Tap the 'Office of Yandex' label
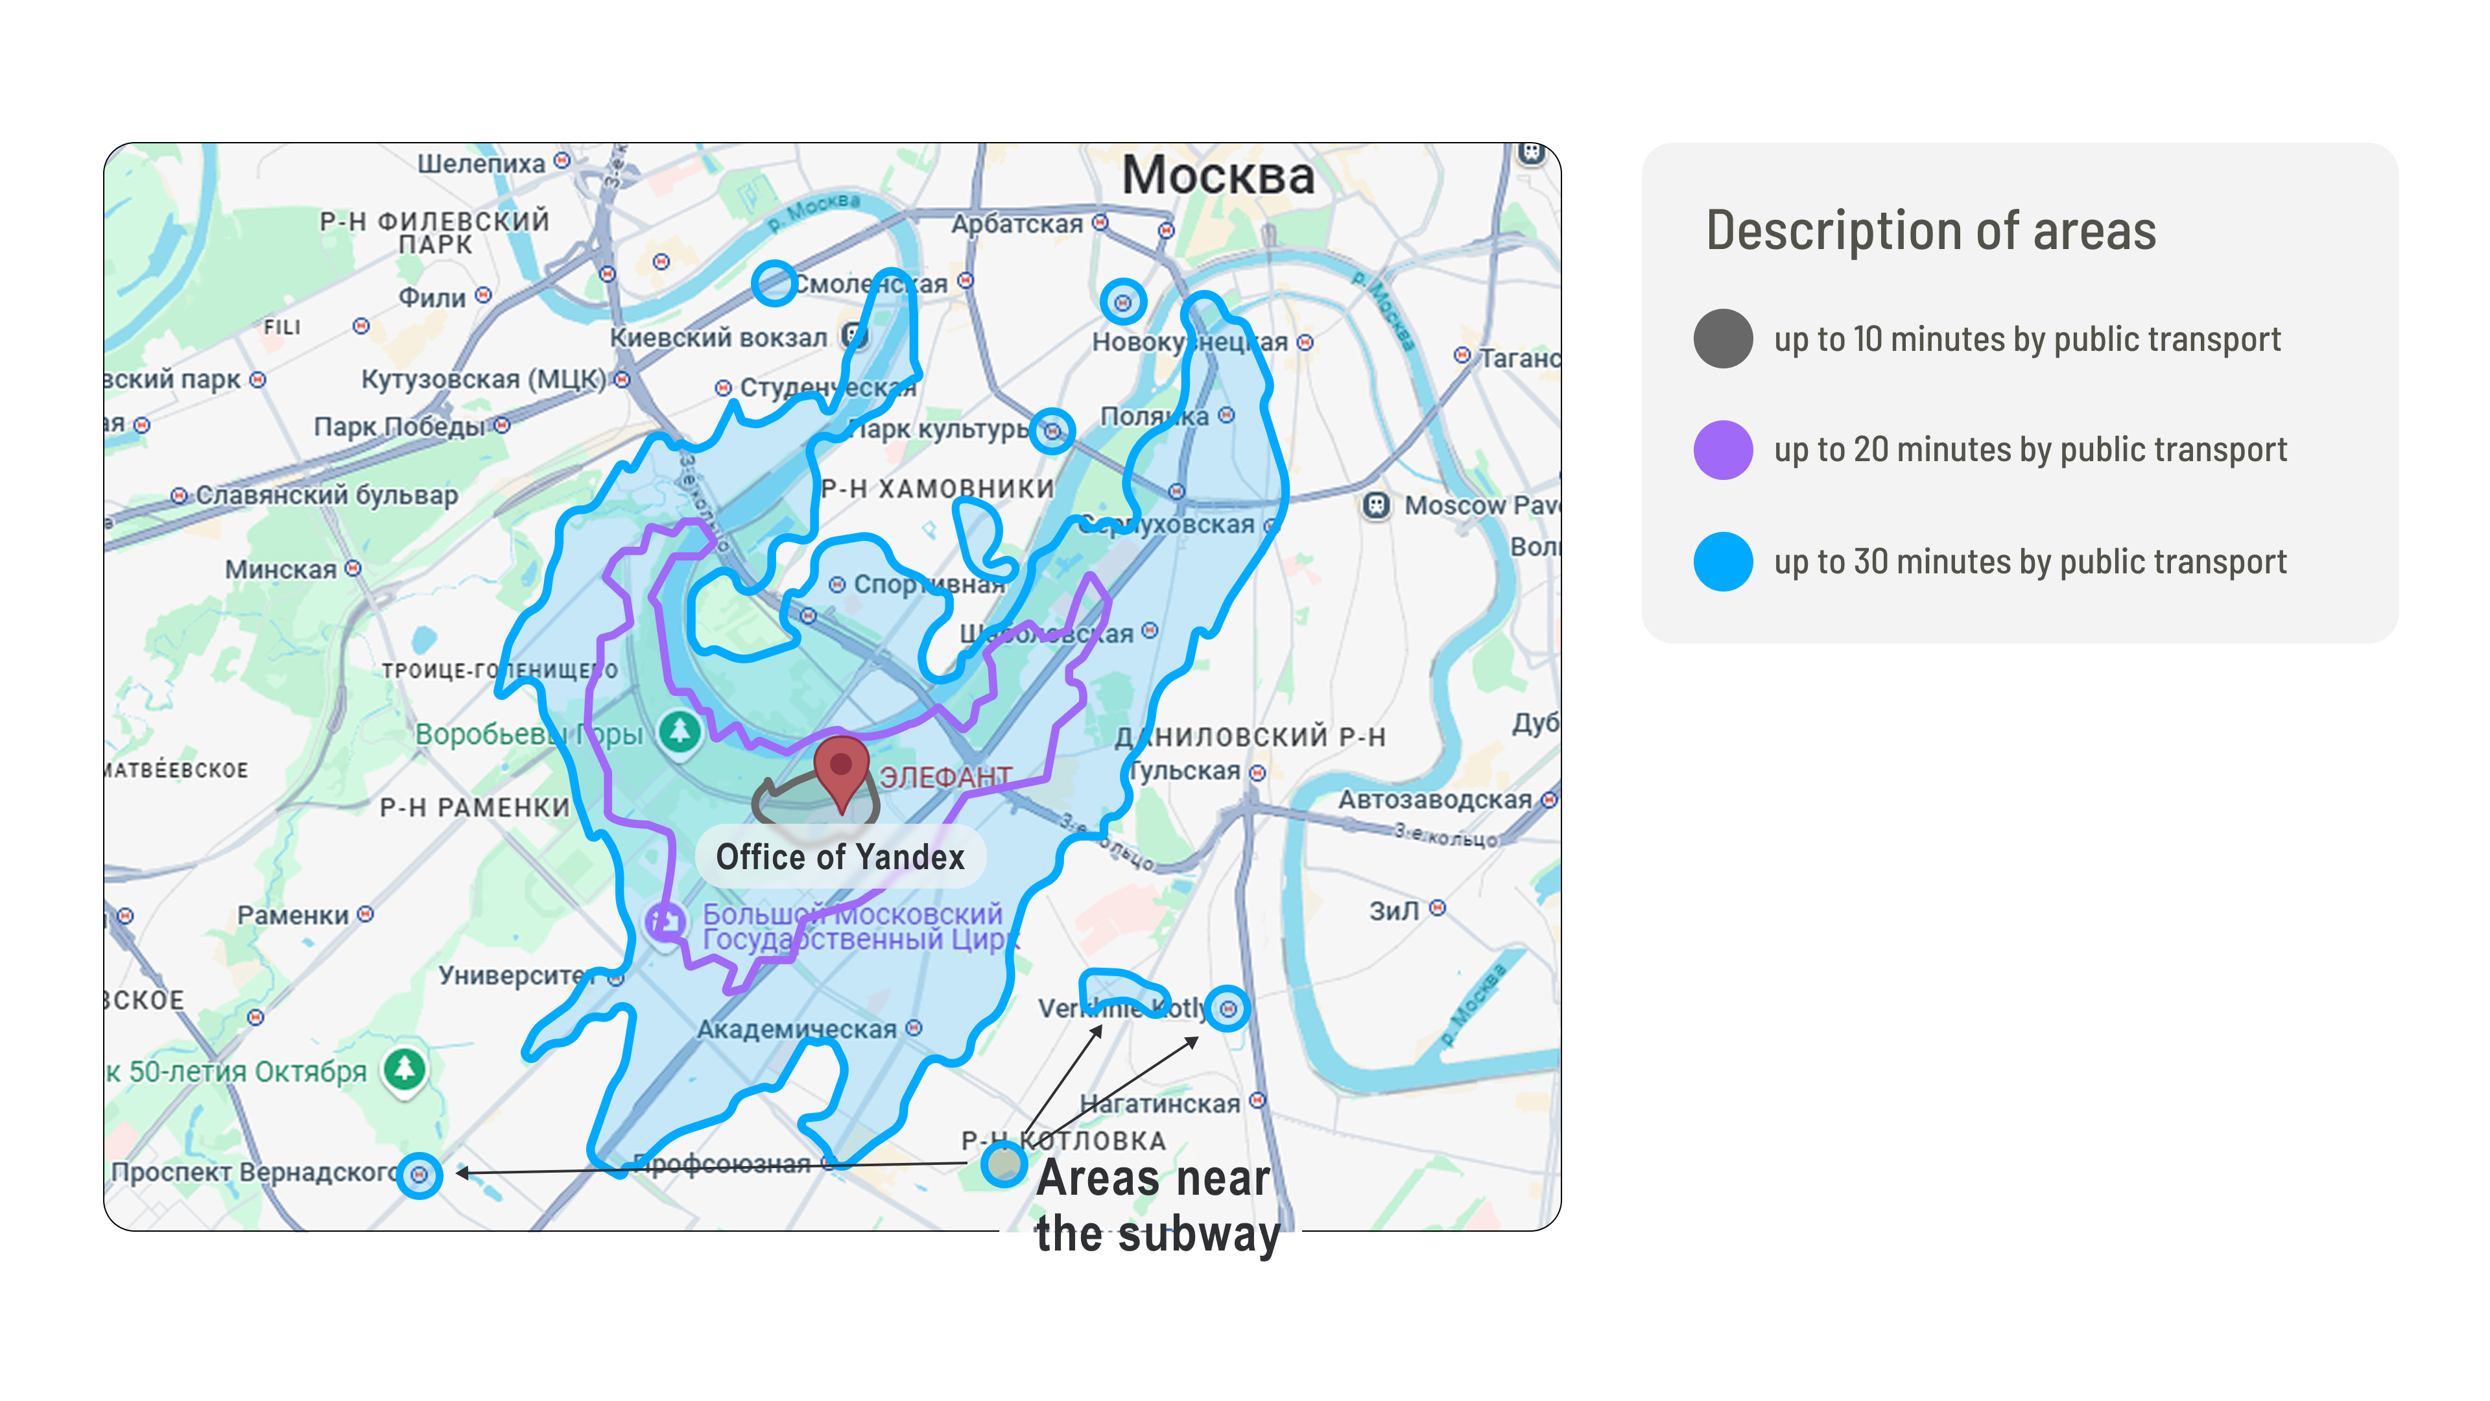pyautogui.click(x=840, y=857)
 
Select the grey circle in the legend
pyautogui.click(x=1722, y=339)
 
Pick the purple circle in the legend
pyautogui.click(x=1722, y=449)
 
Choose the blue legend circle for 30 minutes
pyautogui.click(x=1722, y=561)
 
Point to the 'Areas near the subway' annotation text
pyautogui.click(x=1156, y=1206)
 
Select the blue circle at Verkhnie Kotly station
pyautogui.click(x=1227, y=1009)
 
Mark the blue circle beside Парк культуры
pyautogui.click(x=1052, y=430)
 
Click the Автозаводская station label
pyautogui.click(x=1436, y=800)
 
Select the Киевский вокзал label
pyautogui.click(x=718, y=337)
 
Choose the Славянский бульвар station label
pyautogui.click(x=327, y=495)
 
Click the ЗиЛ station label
pyautogui.click(x=1395, y=910)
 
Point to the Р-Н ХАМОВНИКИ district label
pyautogui.click(x=936, y=488)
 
